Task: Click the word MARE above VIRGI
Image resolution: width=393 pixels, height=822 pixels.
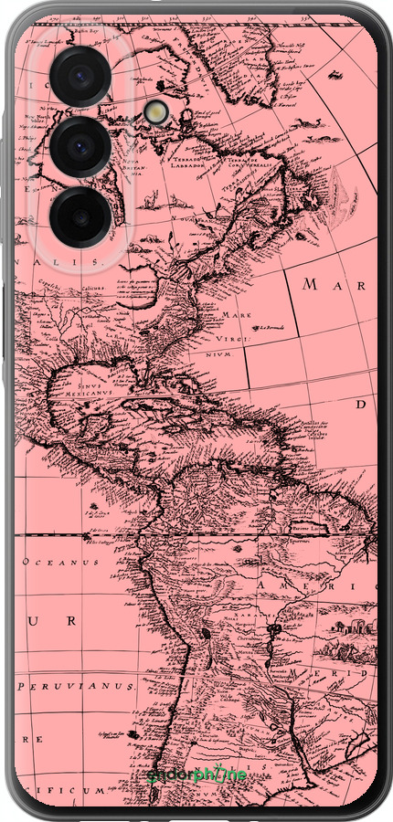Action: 235,315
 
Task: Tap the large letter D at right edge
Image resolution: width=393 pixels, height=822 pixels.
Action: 361,403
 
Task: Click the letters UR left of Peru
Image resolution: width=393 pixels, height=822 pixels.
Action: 51,621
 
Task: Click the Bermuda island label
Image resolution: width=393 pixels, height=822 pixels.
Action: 271,327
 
